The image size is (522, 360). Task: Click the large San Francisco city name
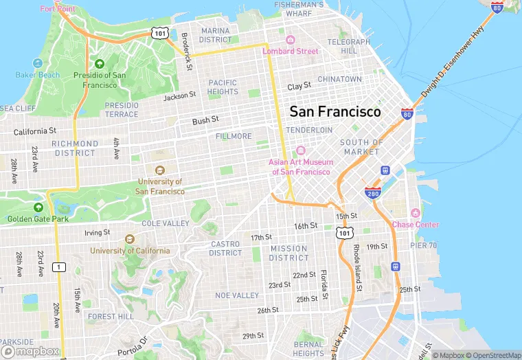pyautogui.click(x=335, y=111)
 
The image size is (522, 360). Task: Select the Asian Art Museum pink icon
pyautogui.click(x=300, y=151)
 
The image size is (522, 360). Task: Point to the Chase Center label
pyautogui.click(x=416, y=225)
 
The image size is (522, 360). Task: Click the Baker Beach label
pyautogui.click(x=37, y=75)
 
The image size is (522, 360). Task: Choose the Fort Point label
pyautogui.click(x=58, y=9)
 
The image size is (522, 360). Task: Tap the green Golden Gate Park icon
pyautogui.click(x=38, y=207)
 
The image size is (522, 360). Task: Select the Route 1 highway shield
pyautogui.click(x=60, y=266)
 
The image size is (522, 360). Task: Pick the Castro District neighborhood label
pyautogui.click(x=225, y=248)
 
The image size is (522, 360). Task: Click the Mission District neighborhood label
pyautogui.click(x=288, y=253)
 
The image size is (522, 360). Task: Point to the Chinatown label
pyautogui.click(x=339, y=80)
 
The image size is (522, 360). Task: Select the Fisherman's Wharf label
pyautogui.click(x=298, y=8)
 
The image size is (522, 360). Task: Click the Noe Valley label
pyautogui.click(x=237, y=295)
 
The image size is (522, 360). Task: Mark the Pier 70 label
pyautogui.click(x=423, y=245)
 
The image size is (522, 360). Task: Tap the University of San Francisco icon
pyautogui.click(x=160, y=170)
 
